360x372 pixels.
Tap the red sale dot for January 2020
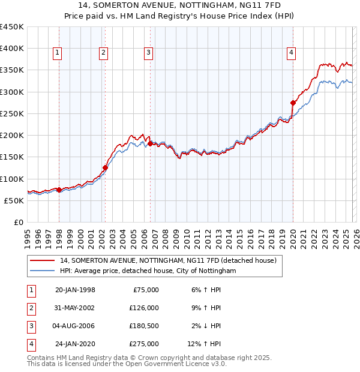tap(293, 103)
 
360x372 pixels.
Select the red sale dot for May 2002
tap(105, 167)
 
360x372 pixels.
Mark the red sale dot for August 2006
tap(149, 143)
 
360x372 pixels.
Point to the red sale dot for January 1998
tap(59, 190)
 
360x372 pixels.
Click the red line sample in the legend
tap(41, 261)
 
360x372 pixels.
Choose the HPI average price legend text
tap(148, 271)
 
